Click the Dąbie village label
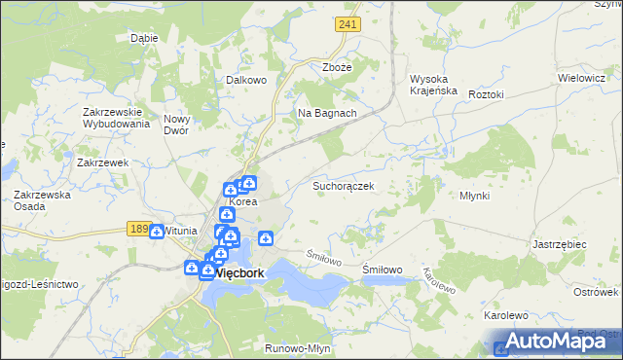(x=144, y=39)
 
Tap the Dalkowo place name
(x=246, y=81)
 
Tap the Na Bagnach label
(x=327, y=113)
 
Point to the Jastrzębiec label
(x=560, y=244)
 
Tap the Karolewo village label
(x=505, y=316)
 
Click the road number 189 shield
(x=138, y=229)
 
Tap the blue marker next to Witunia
(x=157, y=232)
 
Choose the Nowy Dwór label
(x=181, y=124)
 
